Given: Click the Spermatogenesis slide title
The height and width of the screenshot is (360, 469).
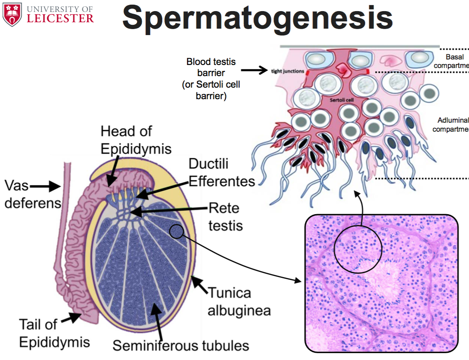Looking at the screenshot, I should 258,18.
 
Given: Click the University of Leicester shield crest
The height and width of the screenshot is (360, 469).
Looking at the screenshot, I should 12,14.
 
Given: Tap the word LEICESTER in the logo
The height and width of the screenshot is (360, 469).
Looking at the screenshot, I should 60,18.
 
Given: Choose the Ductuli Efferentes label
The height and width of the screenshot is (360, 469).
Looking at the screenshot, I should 221,172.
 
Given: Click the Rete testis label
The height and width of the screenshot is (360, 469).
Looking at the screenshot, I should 226,217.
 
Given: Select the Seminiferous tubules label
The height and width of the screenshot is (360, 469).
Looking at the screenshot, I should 181,345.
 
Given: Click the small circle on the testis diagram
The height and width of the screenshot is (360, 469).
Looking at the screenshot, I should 176,231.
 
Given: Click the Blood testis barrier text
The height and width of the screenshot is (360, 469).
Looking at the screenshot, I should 211,79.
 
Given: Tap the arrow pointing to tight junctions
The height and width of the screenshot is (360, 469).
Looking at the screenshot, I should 254,70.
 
